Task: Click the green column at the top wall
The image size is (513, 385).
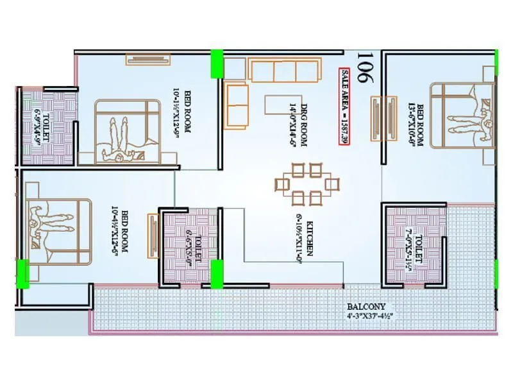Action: (217, 64)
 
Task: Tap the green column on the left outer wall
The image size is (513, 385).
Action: (22, 272)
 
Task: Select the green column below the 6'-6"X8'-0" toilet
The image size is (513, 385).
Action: (217, 274)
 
